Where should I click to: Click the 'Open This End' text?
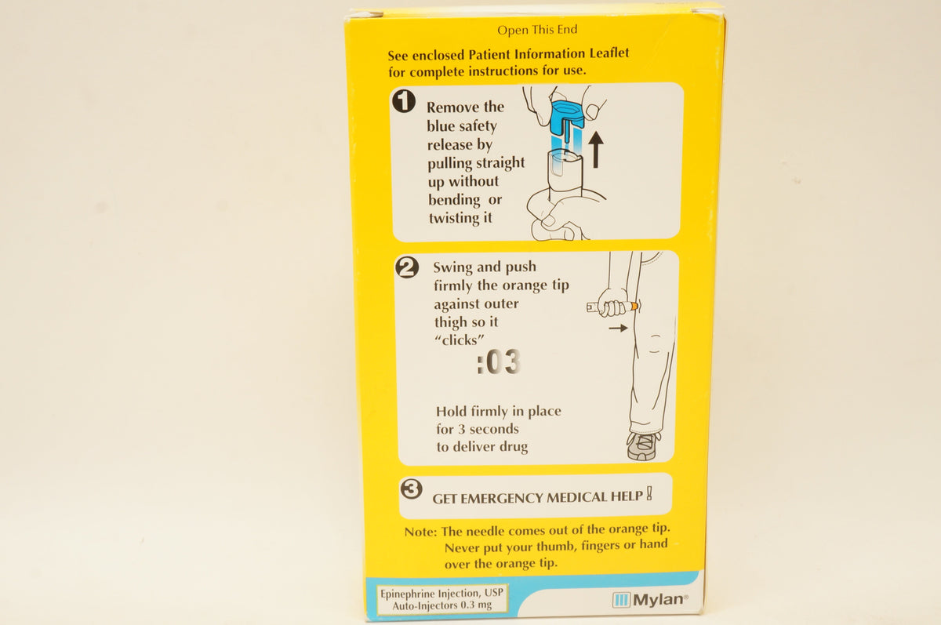537,30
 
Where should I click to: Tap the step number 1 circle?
404,102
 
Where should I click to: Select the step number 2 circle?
407,267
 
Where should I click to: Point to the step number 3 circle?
411,489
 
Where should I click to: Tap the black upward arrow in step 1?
595,149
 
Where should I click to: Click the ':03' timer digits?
498,363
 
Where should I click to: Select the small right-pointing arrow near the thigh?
618,328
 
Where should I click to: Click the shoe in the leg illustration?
643,445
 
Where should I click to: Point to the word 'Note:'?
421,532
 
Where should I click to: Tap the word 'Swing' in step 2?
452,267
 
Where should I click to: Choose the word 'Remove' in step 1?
454,107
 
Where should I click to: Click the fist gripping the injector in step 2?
611,303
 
